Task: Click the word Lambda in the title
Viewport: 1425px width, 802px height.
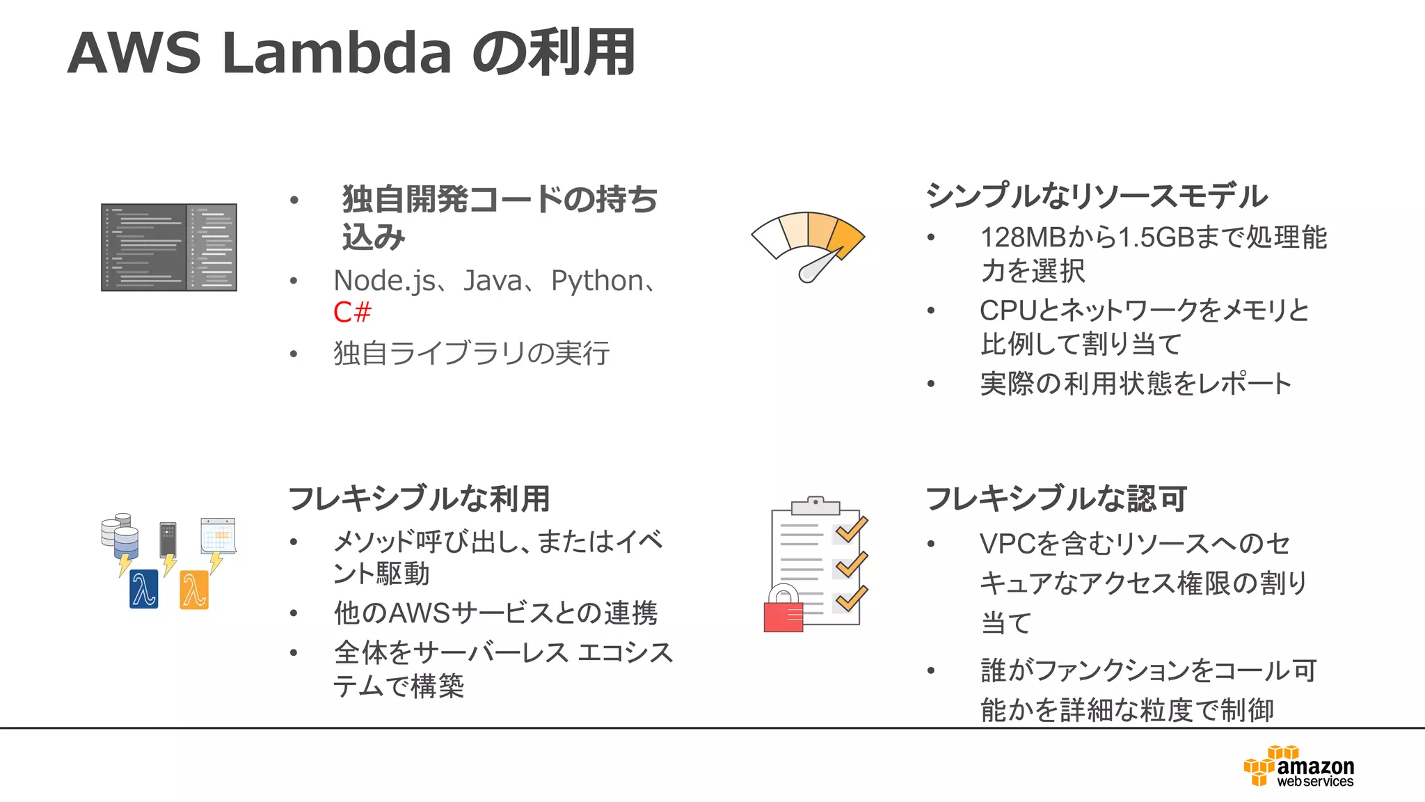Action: pyautogui.click(x=337, y=53)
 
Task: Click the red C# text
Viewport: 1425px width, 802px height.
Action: pyautogui.click(x=352, y=313)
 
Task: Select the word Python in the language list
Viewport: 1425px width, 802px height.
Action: pyautogui.click(x=597, y=281)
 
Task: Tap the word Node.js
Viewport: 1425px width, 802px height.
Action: pyautogui.click(x=385, y=281)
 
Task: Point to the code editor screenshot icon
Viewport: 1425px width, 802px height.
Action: pyautogui.click(x=169, y=247)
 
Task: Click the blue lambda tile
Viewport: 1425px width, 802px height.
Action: pyautogui.click(x=144, y=589)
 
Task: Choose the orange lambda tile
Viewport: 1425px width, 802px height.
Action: pyautogui.click(x=194, y=590)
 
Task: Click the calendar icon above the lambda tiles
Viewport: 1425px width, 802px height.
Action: pyautogui.click(x=218, y=535)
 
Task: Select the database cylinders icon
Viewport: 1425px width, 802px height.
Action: pyautogui.click(x=120, y=535)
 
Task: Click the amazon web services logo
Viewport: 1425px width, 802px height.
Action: pyautogui.click(x=1299, y=766)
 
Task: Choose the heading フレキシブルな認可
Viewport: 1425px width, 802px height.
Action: pyautogui.click(x=1056, y=498)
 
